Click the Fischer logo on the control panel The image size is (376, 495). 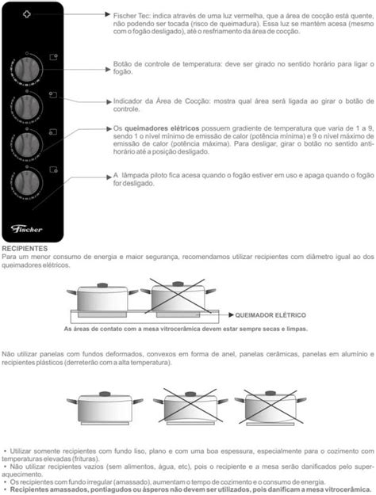point(26,229)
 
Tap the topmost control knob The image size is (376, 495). point(27,69)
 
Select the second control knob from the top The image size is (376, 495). point(27,107)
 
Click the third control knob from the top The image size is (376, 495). point(27,145)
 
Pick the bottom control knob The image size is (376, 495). point(27,182)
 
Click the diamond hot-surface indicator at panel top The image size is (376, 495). point(27,14)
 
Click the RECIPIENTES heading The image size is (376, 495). point(25,249)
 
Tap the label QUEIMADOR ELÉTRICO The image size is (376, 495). point(270,315)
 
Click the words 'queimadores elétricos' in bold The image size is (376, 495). point(162,128)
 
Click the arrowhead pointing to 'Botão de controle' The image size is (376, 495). point(108,70)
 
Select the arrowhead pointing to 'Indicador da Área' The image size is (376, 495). point(109,101)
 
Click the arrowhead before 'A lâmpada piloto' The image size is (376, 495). point(109,177)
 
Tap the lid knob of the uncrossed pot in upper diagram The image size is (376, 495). point(102,285)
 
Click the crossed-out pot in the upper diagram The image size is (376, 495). point(178,298)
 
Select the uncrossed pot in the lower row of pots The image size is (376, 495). point(105,408)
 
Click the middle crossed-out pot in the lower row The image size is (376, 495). point(190,408)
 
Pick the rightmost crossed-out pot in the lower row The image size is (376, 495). point(270,408)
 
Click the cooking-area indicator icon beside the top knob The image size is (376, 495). point(54,57)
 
